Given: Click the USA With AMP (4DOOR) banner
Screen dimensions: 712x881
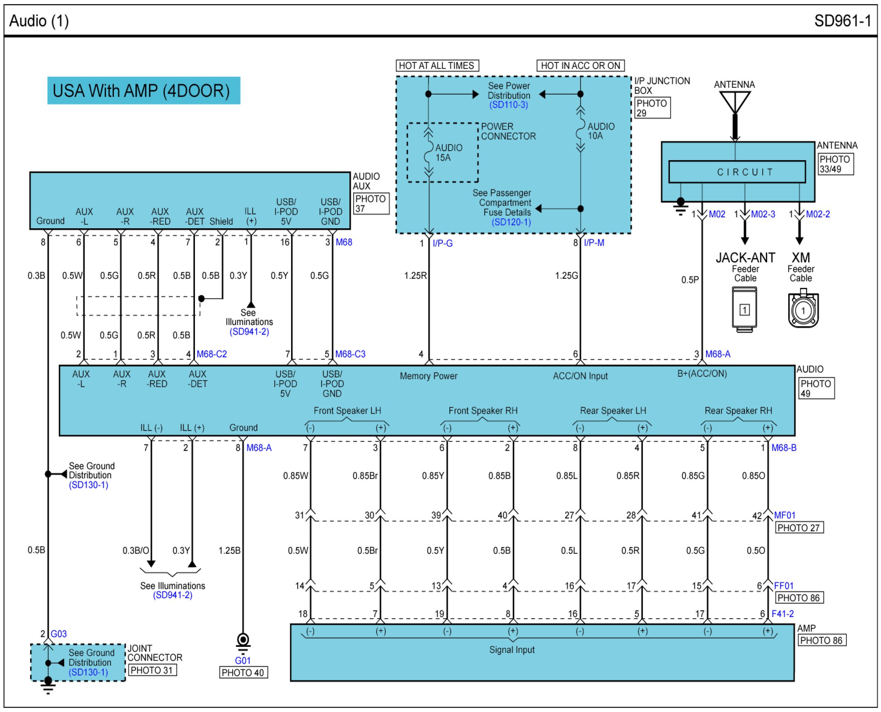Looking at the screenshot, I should click(x=143, y=91).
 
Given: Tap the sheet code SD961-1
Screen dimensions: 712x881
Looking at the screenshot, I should click(x=842, y=20).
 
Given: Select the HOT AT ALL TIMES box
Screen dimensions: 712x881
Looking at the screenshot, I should click(x=437, y=66).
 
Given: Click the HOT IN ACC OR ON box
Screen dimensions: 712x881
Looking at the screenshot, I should click(x=580, y=66).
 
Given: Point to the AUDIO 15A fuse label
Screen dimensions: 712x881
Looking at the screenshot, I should click(x=448, y=153).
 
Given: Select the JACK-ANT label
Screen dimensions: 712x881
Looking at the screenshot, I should click(x=745, y=258).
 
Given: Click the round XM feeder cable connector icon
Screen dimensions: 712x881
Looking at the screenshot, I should click(x=803, y=310).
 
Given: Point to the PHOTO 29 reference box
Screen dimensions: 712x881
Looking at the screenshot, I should click(x=652, y=108).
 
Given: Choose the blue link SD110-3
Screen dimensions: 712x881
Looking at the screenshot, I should click(x=509, y=105).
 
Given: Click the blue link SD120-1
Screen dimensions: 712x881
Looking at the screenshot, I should click(x=511, y=222).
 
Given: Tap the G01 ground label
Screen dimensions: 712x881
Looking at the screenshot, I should click(x=242, y=660).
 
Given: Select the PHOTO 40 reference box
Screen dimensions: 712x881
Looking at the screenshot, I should click(x=243, y=672).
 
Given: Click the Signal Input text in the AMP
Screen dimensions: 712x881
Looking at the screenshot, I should click(x=511, y=650).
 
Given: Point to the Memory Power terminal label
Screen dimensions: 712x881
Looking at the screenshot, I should click(x=428, y=376).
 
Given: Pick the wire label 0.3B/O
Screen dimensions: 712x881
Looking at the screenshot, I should click(x=135, y=550).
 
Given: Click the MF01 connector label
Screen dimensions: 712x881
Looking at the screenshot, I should click(x=784, y=515).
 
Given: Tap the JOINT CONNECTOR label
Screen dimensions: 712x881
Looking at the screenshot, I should click(x=154, y=653).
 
